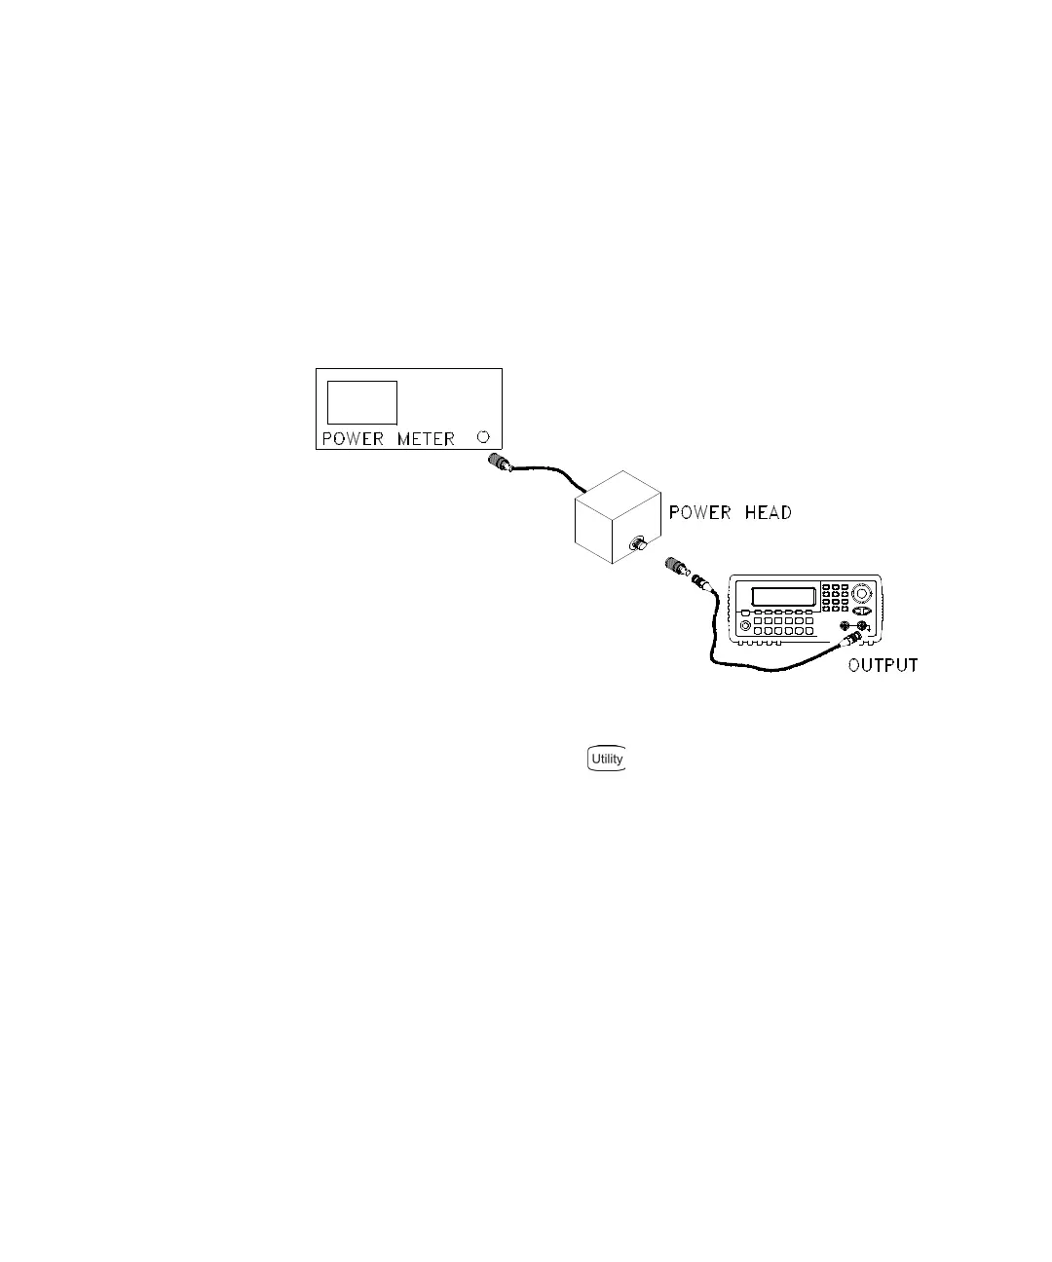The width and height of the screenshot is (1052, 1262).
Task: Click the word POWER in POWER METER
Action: pos(353,439)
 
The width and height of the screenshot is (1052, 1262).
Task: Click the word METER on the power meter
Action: pos(426,439)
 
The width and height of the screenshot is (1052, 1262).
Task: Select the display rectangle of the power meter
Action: pos(362,402)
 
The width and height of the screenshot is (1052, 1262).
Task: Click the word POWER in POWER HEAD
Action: pos(699,512)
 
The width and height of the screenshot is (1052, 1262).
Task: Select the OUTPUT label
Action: pos(883,666)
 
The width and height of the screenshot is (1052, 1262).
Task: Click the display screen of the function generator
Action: pos(783,597)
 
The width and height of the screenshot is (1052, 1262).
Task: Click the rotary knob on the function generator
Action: pos(861,593)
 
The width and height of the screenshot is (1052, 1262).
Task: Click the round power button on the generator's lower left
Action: pos(745,625)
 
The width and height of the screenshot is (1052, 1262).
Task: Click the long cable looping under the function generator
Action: pos(770,666)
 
